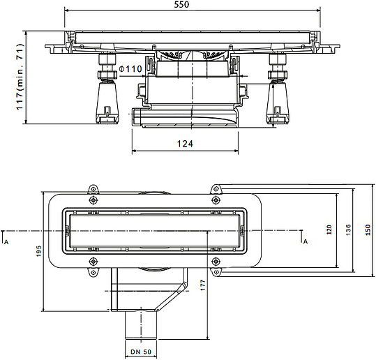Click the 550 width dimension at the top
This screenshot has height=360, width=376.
pyautogui.click(x=181, y=4)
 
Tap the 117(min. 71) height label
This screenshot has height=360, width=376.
pyautogui.click(x=20, y=77)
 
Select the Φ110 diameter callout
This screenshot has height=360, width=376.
pyautogui.click(x=130, y=69)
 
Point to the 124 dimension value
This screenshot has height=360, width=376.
pyautogui.click(x=185, y=144)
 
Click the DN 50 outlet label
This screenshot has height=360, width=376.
pyautogui.click(x=141, y=352)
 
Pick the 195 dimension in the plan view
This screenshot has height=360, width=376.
pyautogui.click(x=38, y=251)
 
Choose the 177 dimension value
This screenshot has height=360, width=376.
pyautogui.click(x=203, y=285)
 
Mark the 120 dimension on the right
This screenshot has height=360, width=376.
pyautogui.click(x=329, y=230)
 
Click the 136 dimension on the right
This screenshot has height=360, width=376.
pyautogui.click(x=348, y=230)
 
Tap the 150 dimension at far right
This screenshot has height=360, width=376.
pyautogui.click(x=368, y=230)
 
